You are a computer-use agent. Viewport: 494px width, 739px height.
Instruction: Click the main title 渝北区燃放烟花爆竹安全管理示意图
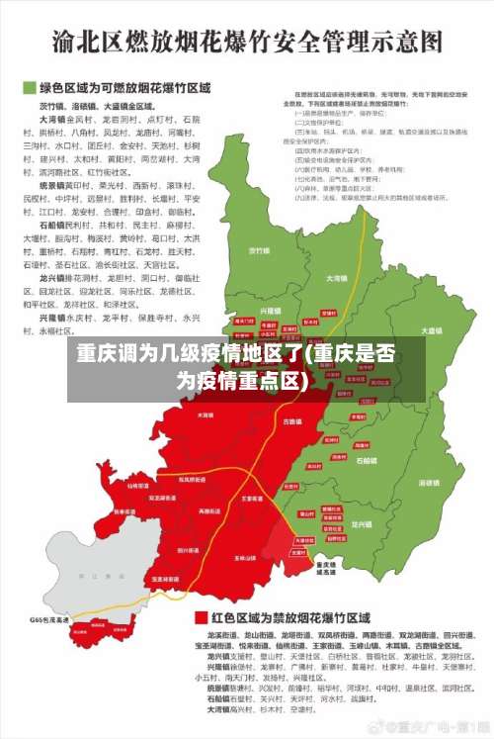point(247,42)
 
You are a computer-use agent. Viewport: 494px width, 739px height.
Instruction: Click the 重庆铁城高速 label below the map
point(325,568)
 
